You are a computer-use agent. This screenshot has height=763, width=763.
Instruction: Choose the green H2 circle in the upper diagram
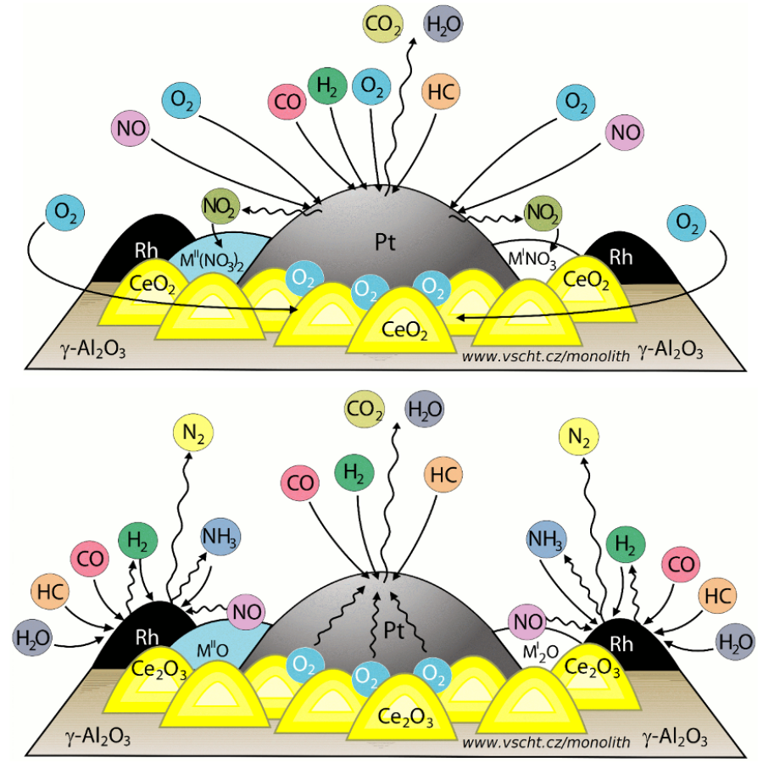[326, 87]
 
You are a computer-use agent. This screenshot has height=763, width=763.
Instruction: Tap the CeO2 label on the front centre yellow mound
[404, 328]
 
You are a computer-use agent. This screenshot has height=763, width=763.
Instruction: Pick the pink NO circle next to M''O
[245, 611]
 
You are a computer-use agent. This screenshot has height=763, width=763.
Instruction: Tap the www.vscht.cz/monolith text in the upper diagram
[546, 356]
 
